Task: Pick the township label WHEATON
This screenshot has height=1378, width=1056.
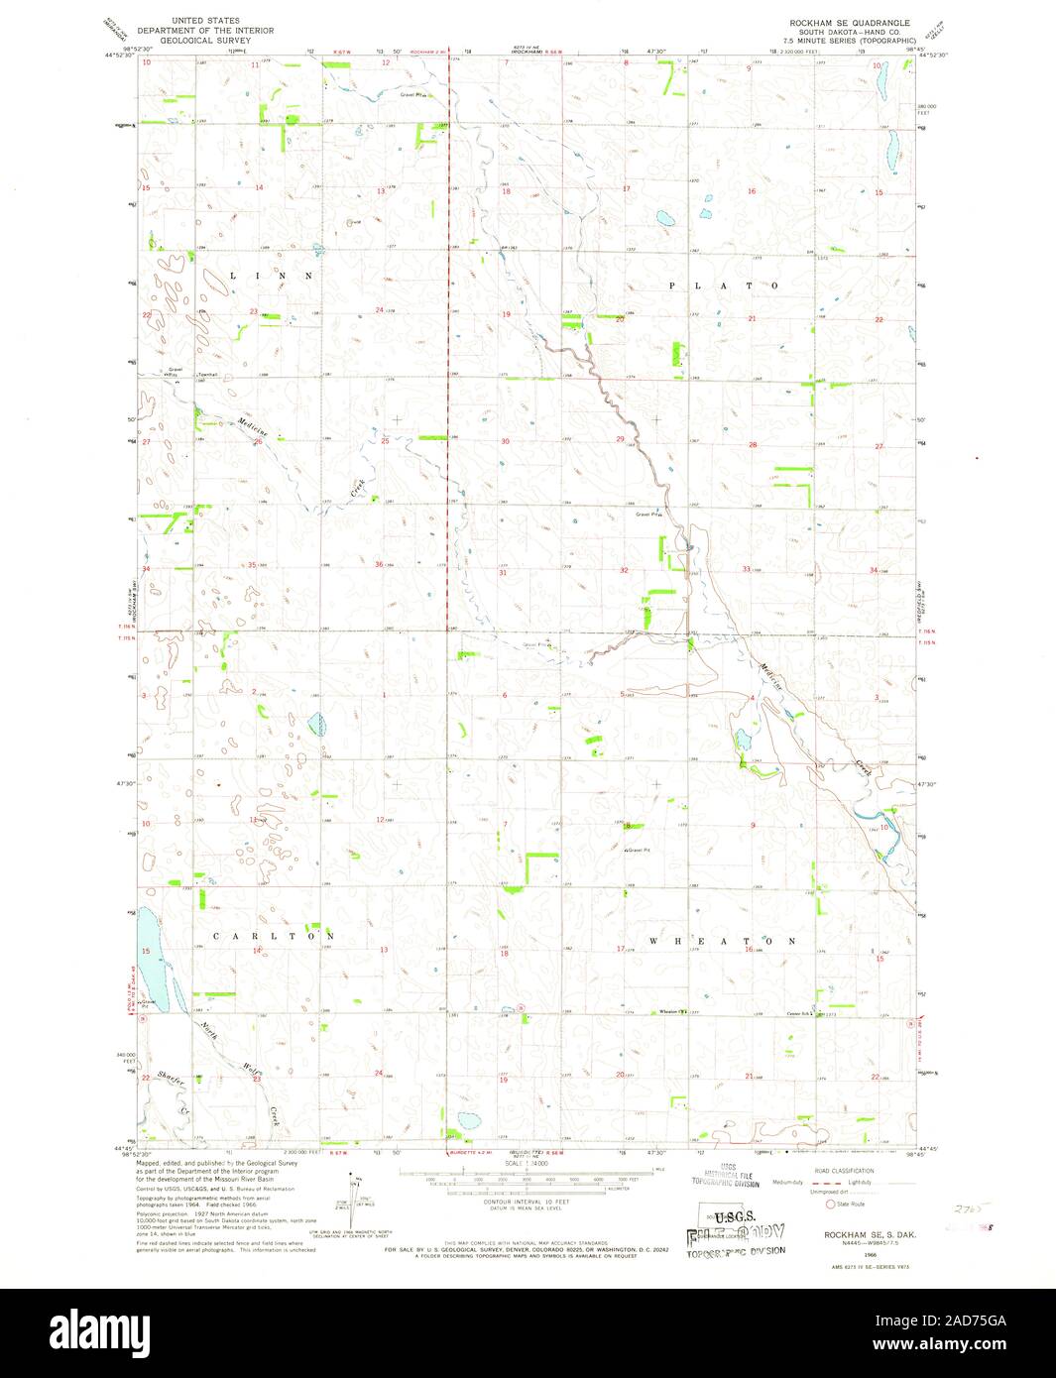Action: click(x=724, y=940)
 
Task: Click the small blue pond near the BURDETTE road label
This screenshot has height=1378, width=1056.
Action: click(x=462, y=1121)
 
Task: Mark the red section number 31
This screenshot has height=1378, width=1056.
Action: click(x=503, y=572)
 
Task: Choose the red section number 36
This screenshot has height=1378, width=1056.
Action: click(x=379, y=565)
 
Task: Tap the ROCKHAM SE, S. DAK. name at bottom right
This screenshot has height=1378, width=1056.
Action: click(x=850, y=1233)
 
